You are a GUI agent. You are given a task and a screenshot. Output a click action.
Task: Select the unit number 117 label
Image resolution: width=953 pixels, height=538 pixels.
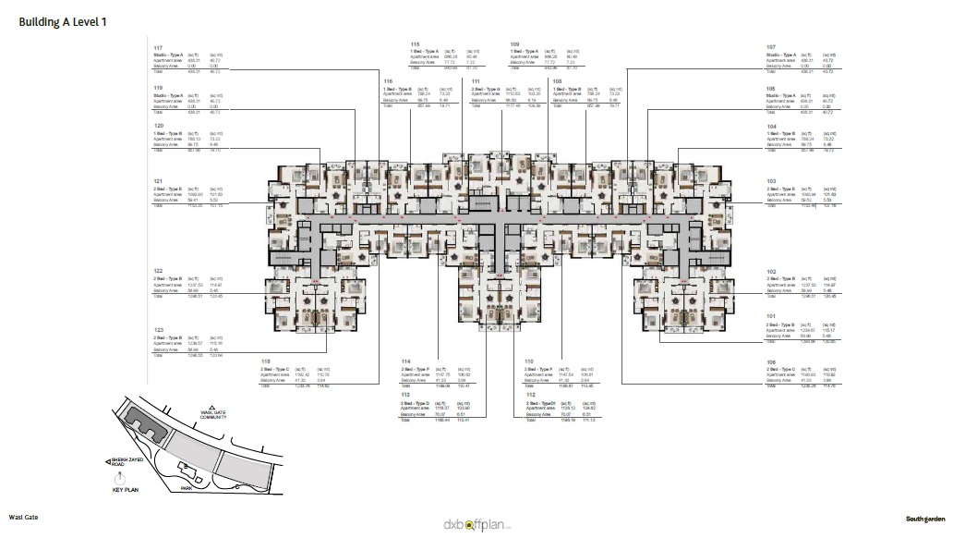point(158,47)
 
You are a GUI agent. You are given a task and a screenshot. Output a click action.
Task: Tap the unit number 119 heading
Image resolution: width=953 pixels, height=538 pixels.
point(158,88)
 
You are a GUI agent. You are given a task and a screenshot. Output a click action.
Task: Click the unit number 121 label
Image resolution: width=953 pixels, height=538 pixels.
point(158,180)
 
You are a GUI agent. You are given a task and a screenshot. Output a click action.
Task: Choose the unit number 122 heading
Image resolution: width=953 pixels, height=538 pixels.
point(158,271)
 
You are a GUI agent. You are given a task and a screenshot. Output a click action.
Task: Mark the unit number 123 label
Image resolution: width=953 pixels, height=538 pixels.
point(158,329)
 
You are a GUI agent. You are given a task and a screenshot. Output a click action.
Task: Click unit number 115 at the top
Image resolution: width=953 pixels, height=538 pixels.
point(416,43)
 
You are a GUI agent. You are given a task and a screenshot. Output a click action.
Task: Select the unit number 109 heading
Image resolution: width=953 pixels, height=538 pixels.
point(514,43)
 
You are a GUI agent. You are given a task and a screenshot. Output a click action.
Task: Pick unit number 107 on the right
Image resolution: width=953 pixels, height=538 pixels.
point(770,47)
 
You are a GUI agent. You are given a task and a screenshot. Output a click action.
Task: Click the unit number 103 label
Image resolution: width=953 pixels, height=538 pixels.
point(770,180)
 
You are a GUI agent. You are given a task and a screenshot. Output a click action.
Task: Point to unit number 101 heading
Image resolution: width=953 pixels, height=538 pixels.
point(770,315)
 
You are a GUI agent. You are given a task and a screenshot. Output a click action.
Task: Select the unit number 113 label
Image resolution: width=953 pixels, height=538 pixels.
point(404,393)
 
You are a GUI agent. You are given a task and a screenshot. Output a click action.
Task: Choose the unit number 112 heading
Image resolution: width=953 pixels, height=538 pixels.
point(529,393)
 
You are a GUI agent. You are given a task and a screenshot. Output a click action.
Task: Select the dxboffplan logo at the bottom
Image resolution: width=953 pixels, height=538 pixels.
point(476,524)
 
